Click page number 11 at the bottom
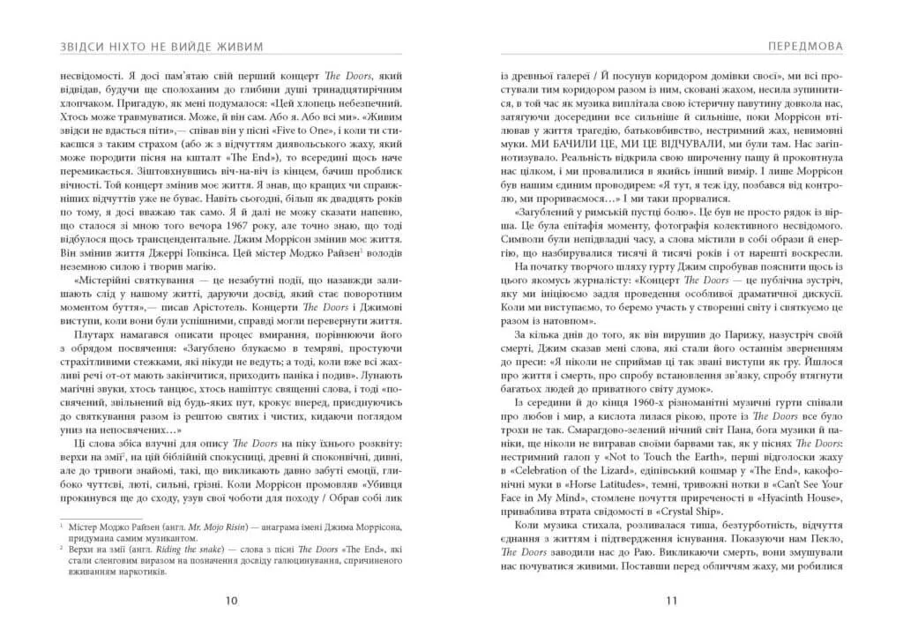(670, 602)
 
